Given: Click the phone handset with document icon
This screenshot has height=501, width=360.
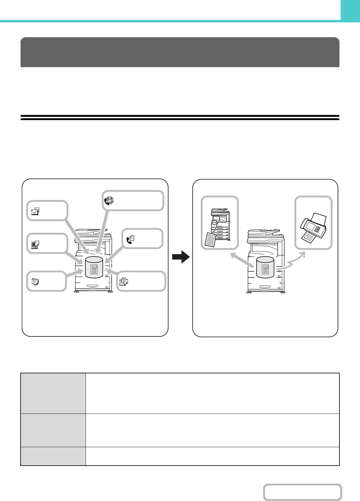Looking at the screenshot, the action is (130, 240).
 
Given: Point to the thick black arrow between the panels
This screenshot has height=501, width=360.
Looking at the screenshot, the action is (181, 257).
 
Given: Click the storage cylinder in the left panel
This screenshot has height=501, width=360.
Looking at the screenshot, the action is (94, 267).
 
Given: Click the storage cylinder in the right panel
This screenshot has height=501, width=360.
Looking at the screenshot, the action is (265, 267).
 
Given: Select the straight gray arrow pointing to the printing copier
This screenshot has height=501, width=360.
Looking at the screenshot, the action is (242, 260).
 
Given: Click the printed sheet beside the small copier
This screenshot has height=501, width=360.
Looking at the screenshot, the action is (211, 239).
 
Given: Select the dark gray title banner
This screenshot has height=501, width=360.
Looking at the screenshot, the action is (180, 52).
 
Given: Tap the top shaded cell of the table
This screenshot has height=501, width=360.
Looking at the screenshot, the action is (53, 393).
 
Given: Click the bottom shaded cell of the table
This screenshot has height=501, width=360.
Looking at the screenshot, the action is (53, 456).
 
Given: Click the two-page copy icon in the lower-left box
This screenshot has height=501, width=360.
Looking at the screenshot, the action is (35, 281).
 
